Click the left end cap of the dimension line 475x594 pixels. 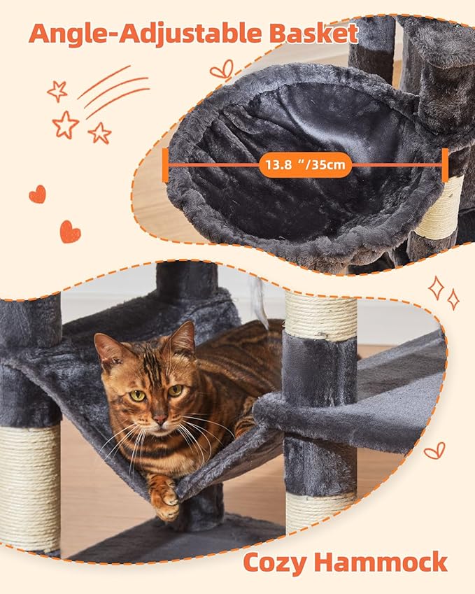click(x=166, y=167)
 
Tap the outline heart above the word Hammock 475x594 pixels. click(x=434, y=450)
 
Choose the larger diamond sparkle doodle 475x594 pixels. click(x=437, y=287)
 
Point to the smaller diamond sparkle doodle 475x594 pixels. click(x=453, y=299)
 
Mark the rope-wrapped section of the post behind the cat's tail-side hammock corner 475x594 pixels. click(x=29, y=486)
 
